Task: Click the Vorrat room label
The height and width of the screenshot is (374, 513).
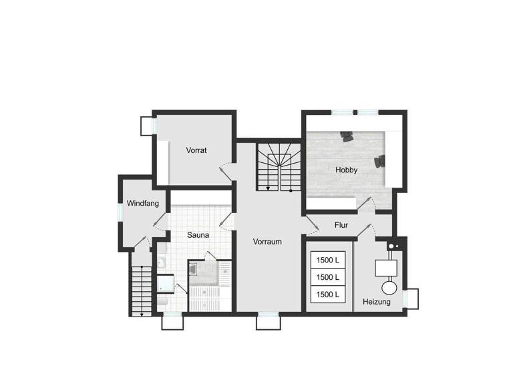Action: click(196, 150)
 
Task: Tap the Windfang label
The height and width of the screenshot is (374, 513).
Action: click(142, 203)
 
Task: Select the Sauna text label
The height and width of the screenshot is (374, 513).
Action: click(198, 235)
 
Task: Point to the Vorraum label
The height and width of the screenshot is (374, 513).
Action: click(267, 242)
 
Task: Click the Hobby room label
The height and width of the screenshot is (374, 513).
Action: click(346, 170)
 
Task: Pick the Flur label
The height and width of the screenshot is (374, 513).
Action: click(342, 224)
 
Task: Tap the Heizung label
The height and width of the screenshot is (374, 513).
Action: click(377, 302)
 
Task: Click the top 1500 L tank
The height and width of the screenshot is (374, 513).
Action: click(328, 259)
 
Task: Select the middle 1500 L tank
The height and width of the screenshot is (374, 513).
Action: click(328, 276)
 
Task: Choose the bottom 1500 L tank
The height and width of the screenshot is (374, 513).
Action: click(328, 295)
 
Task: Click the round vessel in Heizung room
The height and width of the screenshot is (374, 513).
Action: click(387, 287)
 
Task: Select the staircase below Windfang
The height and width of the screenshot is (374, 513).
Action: click(141, 290)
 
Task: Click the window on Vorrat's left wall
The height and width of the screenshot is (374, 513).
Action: click(148, 125)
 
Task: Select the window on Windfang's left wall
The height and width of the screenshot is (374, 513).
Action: click(120, 210)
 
